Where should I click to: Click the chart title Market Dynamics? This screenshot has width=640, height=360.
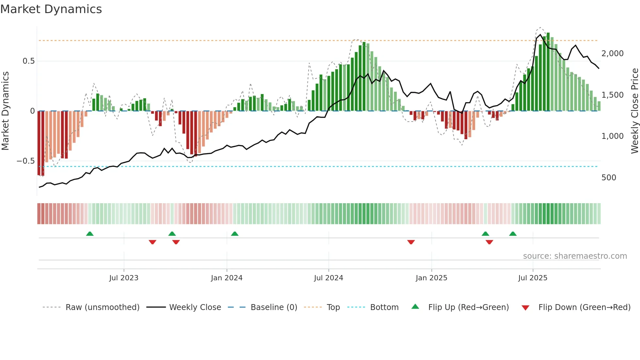51,9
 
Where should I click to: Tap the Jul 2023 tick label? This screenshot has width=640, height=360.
124,278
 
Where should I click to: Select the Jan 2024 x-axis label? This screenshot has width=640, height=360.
227,278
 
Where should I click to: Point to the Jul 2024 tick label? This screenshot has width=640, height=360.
328,278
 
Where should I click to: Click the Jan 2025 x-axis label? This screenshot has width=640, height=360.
431,278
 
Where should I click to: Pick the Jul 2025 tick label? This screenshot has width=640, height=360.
533,278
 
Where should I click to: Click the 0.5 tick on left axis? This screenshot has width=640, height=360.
28,61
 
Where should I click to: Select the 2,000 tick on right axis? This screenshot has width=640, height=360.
612,54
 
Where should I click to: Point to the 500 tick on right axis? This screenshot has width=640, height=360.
609,178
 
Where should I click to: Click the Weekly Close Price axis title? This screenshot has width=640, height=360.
634,111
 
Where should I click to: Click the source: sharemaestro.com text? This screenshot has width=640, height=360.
575,256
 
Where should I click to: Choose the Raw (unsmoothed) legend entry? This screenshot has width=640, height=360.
102,307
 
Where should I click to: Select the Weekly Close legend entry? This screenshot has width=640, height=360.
195,307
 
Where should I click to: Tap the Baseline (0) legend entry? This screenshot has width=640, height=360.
274,307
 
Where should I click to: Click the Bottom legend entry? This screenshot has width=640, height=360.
384,307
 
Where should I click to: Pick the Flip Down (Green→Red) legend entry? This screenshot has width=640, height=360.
584,307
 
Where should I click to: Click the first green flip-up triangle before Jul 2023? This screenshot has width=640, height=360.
90,234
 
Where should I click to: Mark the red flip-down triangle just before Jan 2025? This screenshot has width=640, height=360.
411,242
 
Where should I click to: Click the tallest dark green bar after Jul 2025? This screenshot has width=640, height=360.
548,72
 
